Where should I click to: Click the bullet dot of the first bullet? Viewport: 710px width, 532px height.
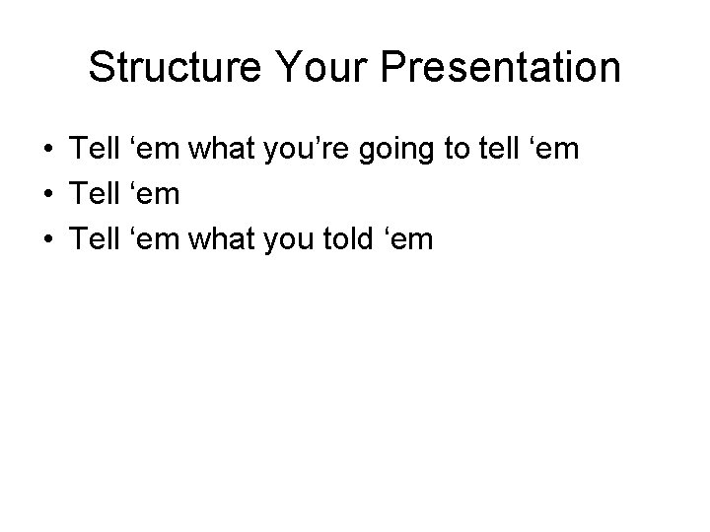click(x=47, y=150)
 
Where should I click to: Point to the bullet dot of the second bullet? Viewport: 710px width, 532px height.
click(x=47, y=194)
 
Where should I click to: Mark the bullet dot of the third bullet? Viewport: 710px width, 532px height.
click(x=47, y=238)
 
